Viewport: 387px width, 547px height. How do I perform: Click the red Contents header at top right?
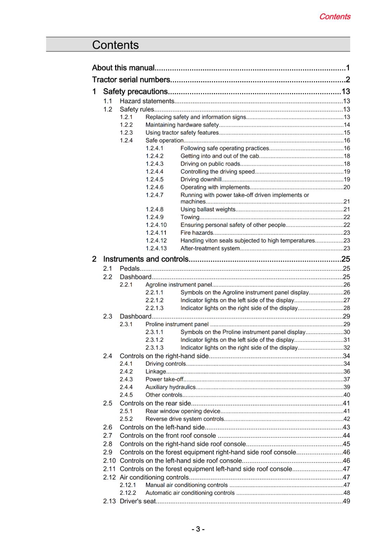(x=334, y=16)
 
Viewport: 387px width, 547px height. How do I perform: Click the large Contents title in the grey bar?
(x=115, y=45)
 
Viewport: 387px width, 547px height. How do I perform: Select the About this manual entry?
(x=123, y=68)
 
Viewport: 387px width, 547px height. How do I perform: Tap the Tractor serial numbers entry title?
(x=131, y=80)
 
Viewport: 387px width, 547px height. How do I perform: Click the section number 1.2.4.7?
(x=154, y=195)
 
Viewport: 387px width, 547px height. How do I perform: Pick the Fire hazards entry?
(x=197, y=233)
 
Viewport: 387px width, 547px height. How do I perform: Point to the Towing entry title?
(x=190, y=217)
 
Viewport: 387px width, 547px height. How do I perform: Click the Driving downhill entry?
(x=201, y=179)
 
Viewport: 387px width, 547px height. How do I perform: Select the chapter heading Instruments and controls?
(x=146, y=259)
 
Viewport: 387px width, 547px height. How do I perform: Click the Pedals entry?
(x=129, y=268)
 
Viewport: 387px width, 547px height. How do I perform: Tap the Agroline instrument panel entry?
(x=178, y=284)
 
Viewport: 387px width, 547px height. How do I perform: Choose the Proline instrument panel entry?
(x=177, y=324)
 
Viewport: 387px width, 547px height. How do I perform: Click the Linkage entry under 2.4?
(x=155, y=371)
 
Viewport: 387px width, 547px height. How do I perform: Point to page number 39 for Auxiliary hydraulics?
(x=347, y=387)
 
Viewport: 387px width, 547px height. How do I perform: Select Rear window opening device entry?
(x=183, y=411)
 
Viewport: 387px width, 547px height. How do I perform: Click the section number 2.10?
(x=109, y=461)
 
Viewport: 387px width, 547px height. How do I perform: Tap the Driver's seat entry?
(x=137, y=501)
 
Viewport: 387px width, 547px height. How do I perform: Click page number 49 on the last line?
(x=346, y=501)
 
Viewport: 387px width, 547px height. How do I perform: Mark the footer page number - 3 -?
(x=198, y=529)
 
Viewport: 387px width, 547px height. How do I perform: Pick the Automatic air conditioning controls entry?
(x=190, y=493)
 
